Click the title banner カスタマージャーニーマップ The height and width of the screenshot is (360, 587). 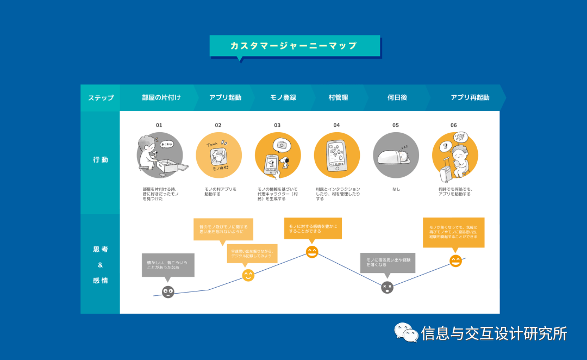point(294,46)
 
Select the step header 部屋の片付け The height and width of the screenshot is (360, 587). point(161,98)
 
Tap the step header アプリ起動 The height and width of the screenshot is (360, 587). point(225,98)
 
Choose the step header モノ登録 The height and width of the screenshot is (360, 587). point(283,98)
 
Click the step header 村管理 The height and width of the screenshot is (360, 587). point(338,98)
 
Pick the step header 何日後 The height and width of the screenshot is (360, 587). point(397,98)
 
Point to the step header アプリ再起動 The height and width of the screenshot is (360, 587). point(470,98)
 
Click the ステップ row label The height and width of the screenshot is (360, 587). point(101,98)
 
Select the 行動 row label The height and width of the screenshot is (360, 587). point(101,160)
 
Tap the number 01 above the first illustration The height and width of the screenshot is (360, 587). point(159,125)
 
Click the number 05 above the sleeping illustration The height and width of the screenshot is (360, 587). point(396,125)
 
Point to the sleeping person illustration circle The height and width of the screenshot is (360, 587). point(396,156)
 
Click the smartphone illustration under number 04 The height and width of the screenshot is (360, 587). point(336,156)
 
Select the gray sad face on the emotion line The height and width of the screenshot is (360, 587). point(168,292)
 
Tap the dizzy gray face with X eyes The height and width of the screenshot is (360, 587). point(387,288)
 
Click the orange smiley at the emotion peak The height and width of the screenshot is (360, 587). point(312,252)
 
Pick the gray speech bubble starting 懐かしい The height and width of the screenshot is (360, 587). point(168,265)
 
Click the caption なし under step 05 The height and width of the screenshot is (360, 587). point(396,189)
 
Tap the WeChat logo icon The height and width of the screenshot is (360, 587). point(405,332)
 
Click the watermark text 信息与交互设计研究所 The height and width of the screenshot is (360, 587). point(494,333)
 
